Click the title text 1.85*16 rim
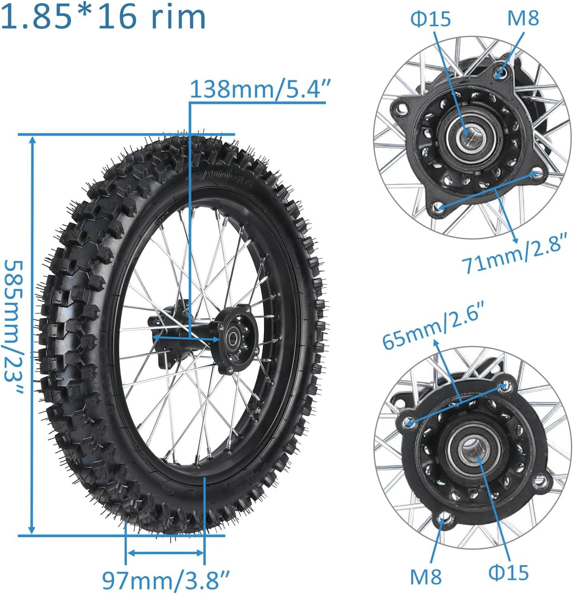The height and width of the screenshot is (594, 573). (x=103, y=16)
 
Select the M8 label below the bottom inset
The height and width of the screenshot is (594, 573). (x=425, y=576)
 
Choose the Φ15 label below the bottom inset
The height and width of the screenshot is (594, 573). (x=508, y=572)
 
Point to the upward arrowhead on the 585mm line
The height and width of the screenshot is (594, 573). (x=32, y=140)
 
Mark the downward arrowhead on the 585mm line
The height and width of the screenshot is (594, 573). (x=32, y=529)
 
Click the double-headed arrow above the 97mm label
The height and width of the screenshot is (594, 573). (x=165, y=553)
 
